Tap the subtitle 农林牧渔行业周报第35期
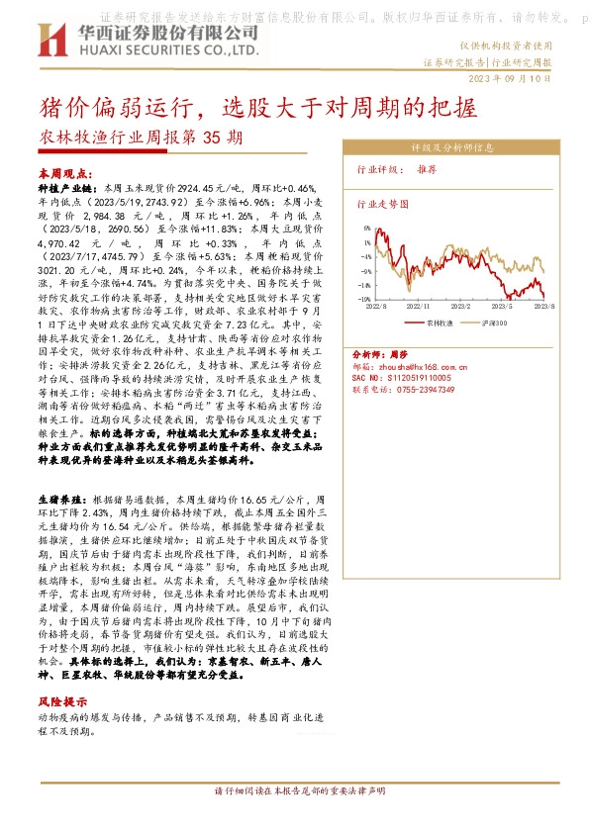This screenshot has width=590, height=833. pos(138,139)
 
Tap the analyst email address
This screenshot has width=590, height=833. pos(410,366)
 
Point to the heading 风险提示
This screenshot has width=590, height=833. pos(61,699)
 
